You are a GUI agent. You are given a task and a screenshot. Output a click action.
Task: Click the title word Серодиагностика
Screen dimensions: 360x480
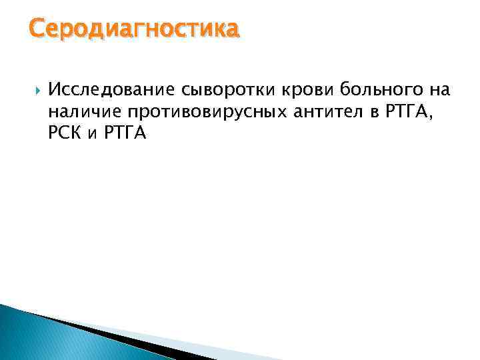point(133,29)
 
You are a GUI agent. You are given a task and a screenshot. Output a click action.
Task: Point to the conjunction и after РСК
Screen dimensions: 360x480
point(93,134)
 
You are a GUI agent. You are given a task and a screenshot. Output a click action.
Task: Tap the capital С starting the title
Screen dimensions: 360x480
point(37,29)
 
